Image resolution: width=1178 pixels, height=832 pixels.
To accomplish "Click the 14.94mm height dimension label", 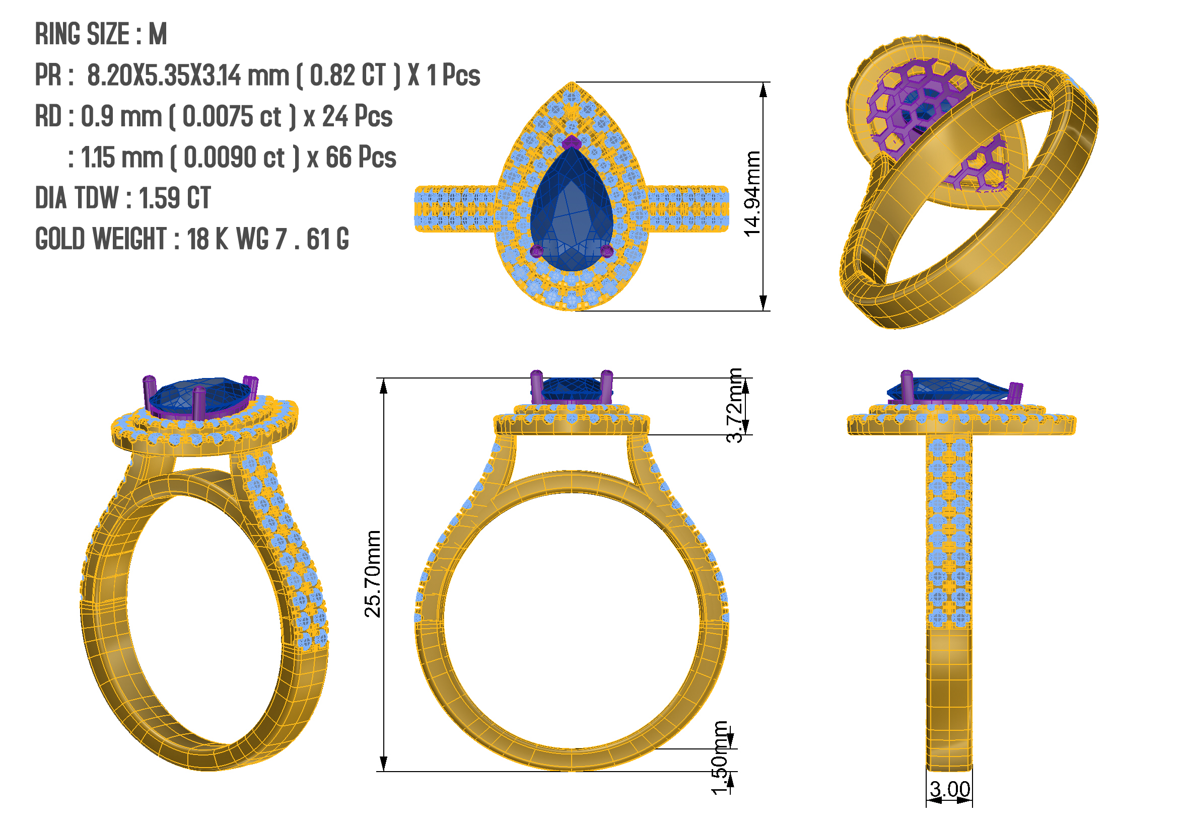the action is (x=751, y=194).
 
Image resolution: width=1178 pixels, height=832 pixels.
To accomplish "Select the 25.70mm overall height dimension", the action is (x=373, y=574).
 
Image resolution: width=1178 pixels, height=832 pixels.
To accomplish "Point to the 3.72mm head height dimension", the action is (x=734, y=405).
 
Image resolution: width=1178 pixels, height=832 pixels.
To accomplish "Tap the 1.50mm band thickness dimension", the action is (x=719, y=758).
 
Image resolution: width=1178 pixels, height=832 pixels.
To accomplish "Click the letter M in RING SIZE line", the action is (x=158, y=34).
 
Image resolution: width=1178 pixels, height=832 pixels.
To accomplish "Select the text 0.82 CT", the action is (x=348, y=75).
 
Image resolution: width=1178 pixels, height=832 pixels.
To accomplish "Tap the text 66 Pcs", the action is (x=361, y=158).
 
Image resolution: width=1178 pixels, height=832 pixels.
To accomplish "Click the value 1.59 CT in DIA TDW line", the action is (x=174, y=198).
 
